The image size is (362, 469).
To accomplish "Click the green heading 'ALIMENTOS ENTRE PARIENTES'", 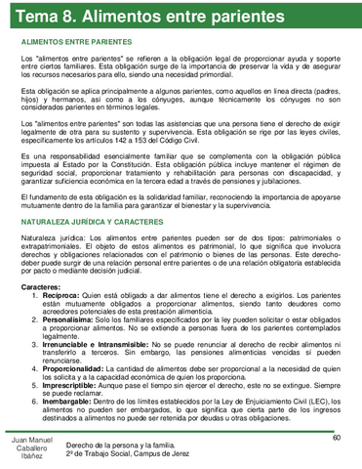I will [x=79, y=44].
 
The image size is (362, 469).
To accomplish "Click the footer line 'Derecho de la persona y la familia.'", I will [x=145, y=446].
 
